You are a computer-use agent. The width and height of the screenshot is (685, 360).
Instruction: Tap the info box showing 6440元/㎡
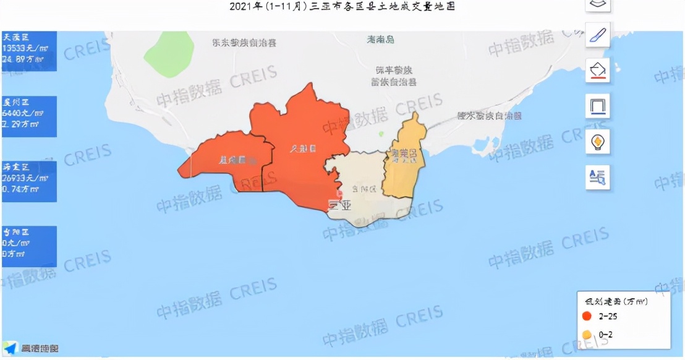(x=28, y=116)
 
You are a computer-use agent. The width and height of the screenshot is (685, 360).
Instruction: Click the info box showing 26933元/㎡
(x=28, y=181)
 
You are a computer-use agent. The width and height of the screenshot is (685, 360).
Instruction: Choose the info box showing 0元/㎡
(x=28, y=246)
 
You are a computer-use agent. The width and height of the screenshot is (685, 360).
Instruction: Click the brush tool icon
(x=598, y=34)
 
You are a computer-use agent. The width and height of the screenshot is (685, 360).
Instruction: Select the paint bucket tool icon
(x=598, y=70)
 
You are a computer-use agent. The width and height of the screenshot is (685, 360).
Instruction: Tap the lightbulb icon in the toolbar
(x=598, y=142)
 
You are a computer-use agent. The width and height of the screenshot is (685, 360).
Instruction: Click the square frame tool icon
(x=598, y=106)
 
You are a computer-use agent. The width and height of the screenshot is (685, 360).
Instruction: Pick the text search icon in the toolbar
(x=598, y=178)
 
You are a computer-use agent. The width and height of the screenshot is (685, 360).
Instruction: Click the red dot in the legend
(x=586, y=317)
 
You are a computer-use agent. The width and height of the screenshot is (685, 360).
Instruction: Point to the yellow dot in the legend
(x=586, y=335)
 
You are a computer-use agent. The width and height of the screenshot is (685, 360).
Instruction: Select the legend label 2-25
(x=608, y=317)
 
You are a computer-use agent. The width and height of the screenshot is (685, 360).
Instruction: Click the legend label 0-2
(x=606, y=335)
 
